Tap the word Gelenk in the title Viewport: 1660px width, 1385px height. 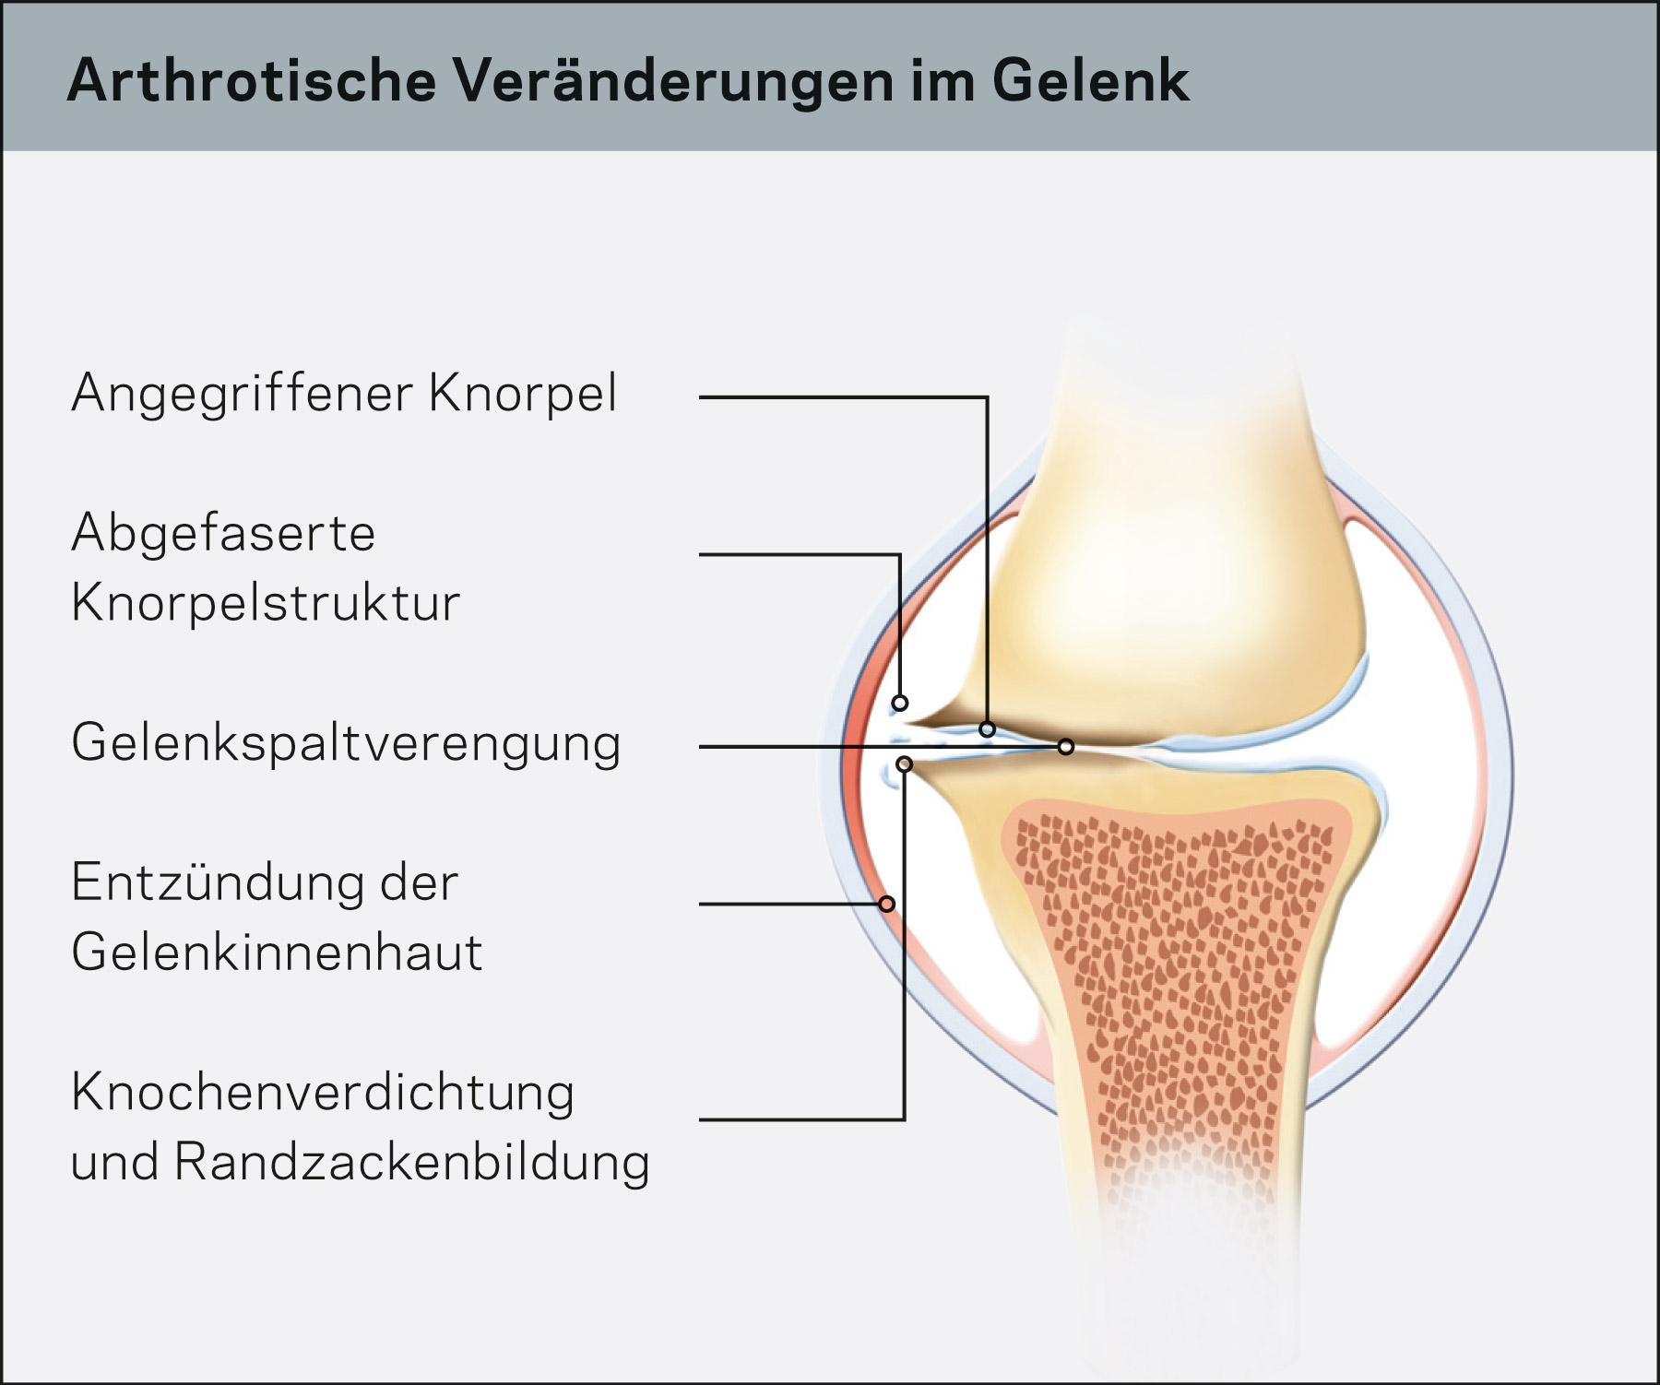pyautogui.click(x=1091, y=81)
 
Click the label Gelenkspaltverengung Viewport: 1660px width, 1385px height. pyautogui.click(x=346, y=744)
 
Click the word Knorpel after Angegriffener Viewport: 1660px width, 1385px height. pyautogui.click(x=523, y=395)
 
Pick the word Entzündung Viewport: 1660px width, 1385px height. pyautogui.click(x=218, y=882)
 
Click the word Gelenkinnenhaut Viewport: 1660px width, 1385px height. pyautogui.click(x=277, y=952)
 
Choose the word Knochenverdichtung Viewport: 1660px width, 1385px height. pyautogui.click(x=323, y=1094)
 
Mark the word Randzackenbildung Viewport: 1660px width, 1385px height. pyautogui.click(x=412, y=1162)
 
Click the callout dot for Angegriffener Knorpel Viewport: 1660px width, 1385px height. pyautogui.click(x=988, y=729)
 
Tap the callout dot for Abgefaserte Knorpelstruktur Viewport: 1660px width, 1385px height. pyautogui.click(x=900, y=704)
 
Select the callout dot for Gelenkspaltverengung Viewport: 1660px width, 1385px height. pyautogui.click(x=1066, y=746)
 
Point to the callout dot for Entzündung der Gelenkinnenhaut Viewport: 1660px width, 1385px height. pyautogui.click(x=887, y=904)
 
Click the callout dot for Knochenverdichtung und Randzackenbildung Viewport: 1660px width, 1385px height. pyautogui.click(x=905, y=764)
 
